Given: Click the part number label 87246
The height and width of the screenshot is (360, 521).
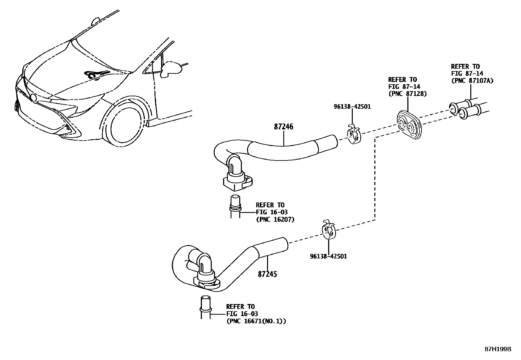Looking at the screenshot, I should pos(283,127).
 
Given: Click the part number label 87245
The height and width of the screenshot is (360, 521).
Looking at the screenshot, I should pos(267,274).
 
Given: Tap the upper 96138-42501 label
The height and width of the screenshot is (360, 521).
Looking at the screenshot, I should pos(352,106).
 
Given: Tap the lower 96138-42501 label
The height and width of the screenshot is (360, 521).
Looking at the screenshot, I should pos(328,256).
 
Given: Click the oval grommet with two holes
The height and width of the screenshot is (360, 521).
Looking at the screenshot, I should pos(409,125).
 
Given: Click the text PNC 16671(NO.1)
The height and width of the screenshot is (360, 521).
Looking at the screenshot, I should pos(256,321).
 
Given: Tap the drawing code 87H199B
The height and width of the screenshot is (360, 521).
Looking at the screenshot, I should pos(498,349).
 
